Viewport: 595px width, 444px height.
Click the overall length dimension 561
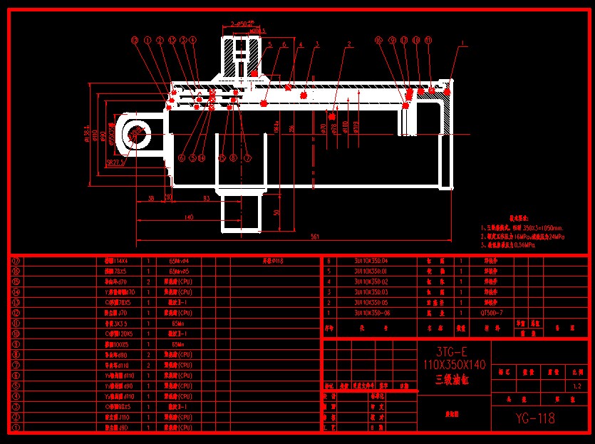pos(314,236)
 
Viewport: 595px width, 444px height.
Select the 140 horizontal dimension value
pos(188,217)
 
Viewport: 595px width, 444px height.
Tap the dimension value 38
pos(151,197)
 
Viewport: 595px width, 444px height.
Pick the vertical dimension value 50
pos(276,212)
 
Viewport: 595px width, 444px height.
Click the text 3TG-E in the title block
pos(454,352)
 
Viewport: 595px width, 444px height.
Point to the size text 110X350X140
pos(454,365)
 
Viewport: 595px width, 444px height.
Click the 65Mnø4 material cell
pos(178,261)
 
